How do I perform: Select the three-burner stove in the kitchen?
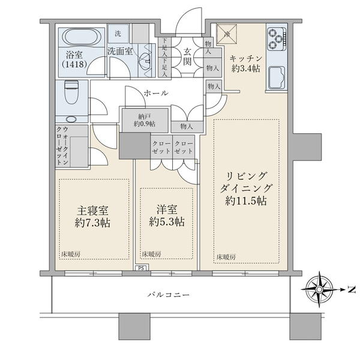(277, 39)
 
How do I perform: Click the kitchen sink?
(277, 77)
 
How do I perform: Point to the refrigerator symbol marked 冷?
(227, 34)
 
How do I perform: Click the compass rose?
(319, 289)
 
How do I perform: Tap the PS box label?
(141, 268)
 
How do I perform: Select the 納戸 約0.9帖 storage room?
(145, 120)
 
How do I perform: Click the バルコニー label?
(169, 295)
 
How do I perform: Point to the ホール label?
(156, 93)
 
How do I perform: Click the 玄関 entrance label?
(187, 58)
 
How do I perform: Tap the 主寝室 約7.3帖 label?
(92, 217)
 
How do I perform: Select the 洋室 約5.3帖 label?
(167, 216)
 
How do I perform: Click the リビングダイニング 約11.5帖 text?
(246, 188)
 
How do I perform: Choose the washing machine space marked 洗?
(118, 34)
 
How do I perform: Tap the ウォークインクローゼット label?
(62, 146)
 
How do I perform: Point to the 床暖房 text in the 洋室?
(151, 254)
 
